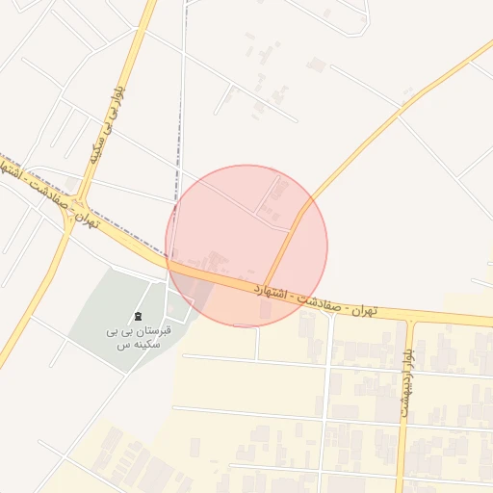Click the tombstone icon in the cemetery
[139, 317]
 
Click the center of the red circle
[246, 246]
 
